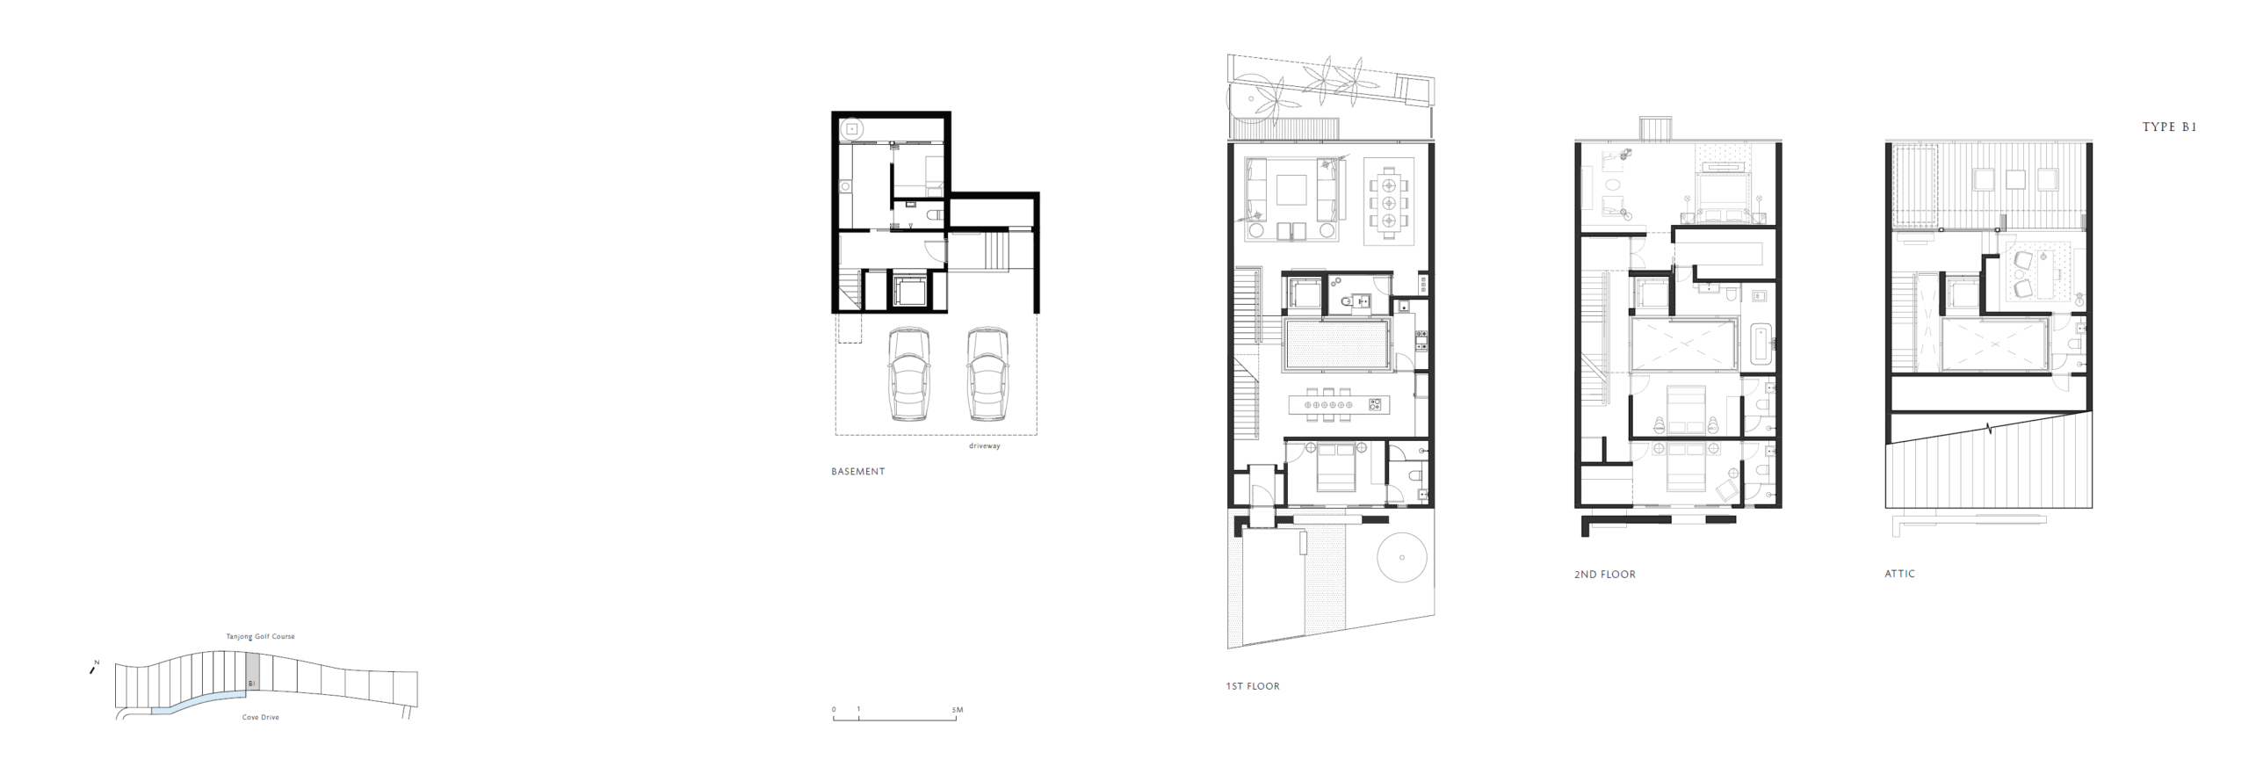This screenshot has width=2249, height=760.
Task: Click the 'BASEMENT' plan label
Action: click(858, 472)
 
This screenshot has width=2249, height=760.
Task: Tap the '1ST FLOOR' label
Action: click(1253, 686)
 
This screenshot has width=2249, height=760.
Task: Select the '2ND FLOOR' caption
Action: click(1605, 575)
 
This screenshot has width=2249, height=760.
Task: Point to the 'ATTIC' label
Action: click(1899, 574)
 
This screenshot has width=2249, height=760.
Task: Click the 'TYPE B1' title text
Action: click(2169, 127)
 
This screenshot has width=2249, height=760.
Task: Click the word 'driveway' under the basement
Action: click(984, 446)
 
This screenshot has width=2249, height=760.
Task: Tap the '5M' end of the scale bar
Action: click(958, 710)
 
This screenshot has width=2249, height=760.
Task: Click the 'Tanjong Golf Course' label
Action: click(260, 637)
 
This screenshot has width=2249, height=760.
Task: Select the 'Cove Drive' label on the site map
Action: click(260, 718)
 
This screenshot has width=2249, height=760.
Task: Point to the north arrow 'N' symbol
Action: click(93, 668)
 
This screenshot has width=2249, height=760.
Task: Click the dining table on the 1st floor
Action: click(1389, 203)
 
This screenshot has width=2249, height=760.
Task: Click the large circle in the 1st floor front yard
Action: click(1402, 557)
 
